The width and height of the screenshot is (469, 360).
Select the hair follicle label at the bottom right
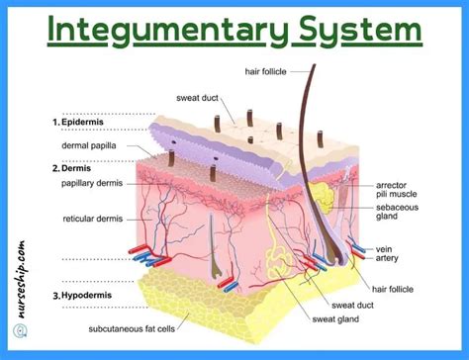coord(392,288)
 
